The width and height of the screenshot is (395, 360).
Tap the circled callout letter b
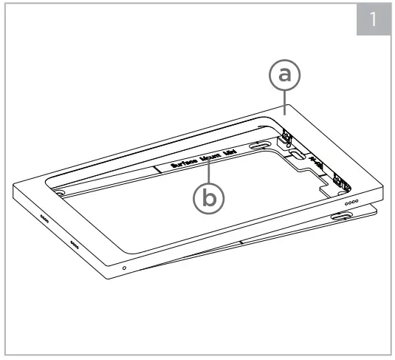[207, 197]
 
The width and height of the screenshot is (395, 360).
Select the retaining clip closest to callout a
[286, 136]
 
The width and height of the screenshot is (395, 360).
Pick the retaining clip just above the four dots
[339, 180]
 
